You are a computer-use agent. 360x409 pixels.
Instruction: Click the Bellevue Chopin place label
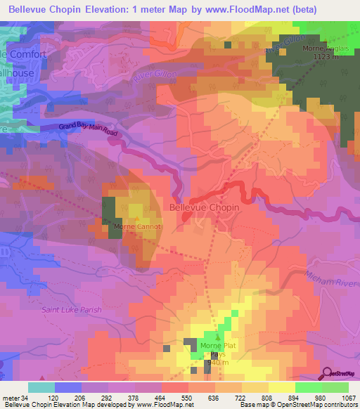[205, 208]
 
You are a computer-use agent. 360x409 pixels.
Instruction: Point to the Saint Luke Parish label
[71, 310]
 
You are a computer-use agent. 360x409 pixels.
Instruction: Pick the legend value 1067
[349, 398]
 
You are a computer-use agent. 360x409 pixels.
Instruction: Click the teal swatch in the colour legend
[41, 387]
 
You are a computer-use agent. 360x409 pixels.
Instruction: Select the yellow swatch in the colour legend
[281, 387]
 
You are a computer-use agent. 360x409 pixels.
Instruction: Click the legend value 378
[132, 398]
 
